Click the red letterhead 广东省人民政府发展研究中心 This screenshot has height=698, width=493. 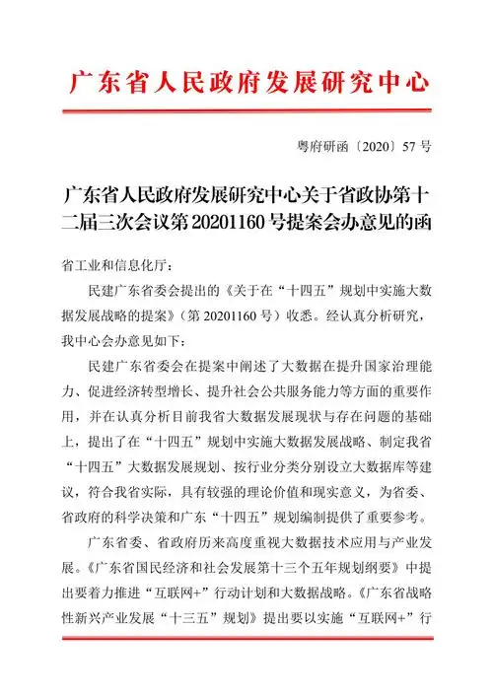[246, 83]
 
